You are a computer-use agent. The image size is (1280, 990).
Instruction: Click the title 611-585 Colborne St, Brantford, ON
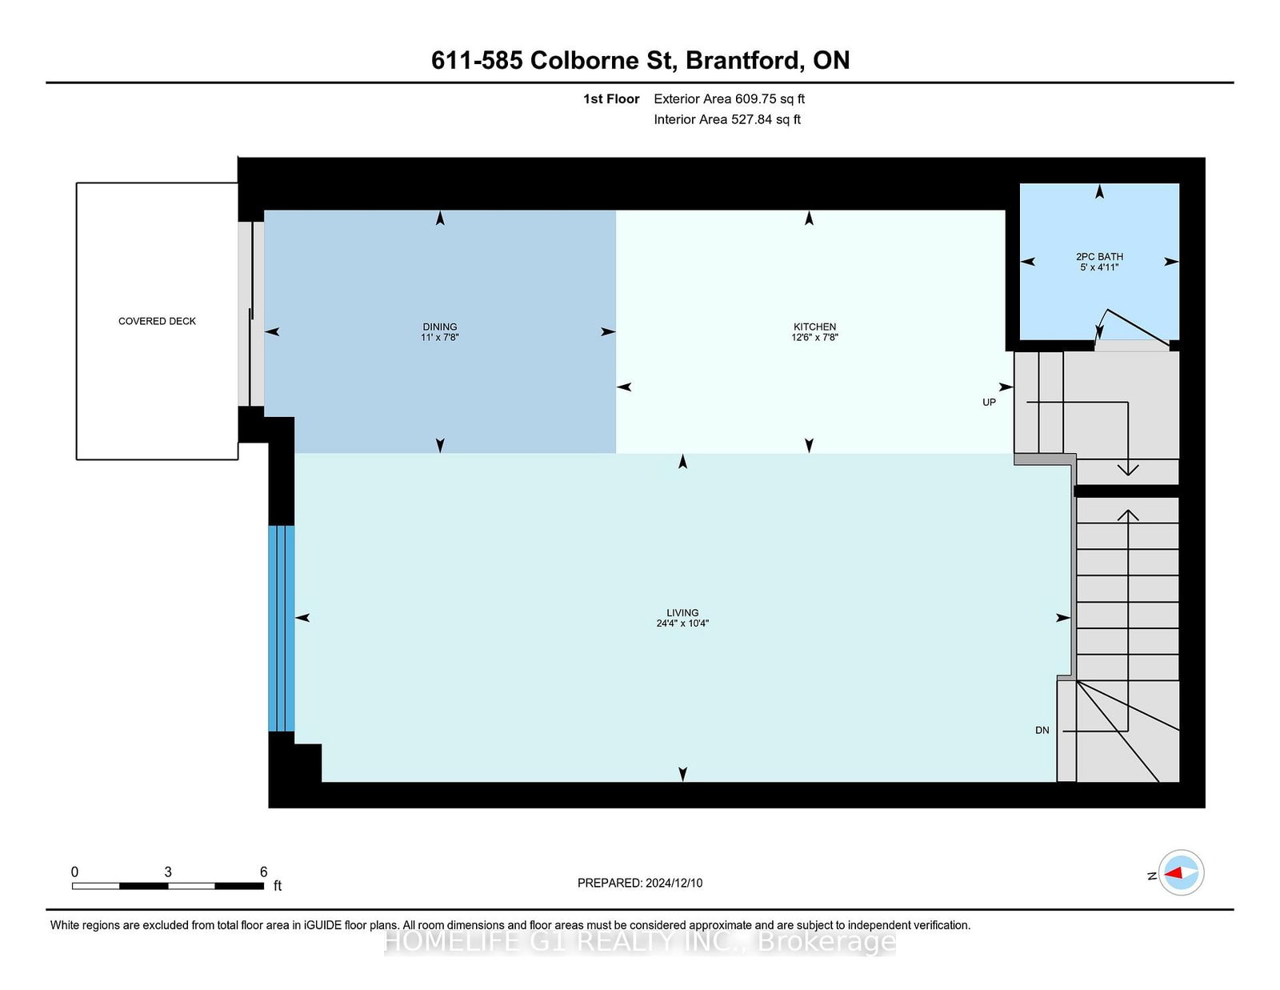(640, 60)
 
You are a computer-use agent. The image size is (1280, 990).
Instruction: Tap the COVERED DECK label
(157, 321)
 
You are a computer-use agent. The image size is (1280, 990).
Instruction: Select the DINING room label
(440, 327)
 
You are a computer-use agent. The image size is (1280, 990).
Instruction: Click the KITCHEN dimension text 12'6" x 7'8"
(814, 338)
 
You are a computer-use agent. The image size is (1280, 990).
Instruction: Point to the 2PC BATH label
(1099, 257)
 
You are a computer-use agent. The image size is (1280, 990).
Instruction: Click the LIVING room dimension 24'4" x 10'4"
(682, 623)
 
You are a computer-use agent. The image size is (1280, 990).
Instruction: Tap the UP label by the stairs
(989, 403)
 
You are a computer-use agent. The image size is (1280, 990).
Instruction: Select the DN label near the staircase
(1042, 730)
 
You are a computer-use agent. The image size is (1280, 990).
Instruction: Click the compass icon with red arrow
(1181, 873)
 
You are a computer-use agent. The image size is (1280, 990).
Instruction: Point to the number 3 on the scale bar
(168, 872)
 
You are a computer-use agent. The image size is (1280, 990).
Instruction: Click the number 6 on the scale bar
(263, 872)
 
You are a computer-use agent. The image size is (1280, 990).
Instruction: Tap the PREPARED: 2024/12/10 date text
(640, 883)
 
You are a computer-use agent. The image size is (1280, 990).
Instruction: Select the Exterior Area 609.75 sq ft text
(729, 98)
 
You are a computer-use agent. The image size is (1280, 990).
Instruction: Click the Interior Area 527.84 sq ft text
(727, 119)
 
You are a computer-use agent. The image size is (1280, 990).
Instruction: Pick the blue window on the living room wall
(281, 628)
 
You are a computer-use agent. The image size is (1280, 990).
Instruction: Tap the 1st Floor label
(611, 98)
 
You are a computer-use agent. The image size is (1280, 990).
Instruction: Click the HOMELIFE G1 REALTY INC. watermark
(640, 942)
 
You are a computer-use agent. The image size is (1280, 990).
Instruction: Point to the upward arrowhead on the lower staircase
(1128, 515)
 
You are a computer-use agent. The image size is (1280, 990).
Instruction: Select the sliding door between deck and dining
(251, 314)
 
